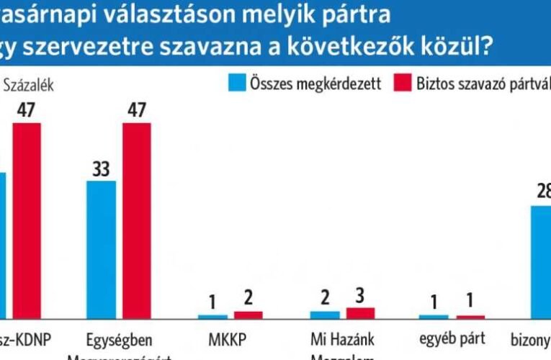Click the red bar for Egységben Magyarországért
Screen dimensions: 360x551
137,220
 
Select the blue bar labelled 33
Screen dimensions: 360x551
100,249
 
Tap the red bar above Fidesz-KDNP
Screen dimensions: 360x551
27,220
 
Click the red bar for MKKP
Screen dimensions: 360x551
248,315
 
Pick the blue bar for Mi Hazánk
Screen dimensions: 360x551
324,314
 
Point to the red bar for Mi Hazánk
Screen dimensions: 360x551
360,312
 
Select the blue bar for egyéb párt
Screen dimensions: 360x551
434,316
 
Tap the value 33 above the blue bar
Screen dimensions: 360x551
100,168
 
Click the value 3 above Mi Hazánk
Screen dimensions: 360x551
360,296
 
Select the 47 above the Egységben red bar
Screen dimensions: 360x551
137,111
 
